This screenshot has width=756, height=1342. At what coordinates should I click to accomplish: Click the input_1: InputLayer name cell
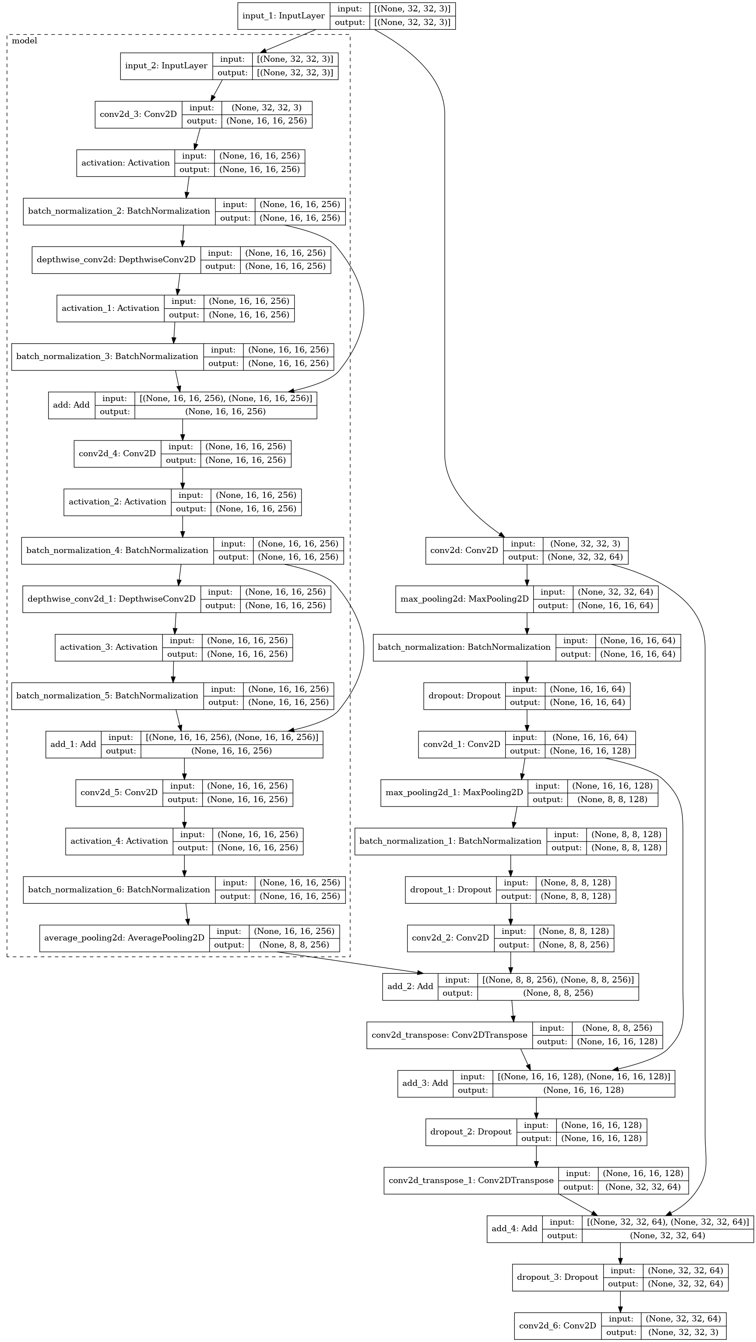pyautogui.click(x=283, y=16)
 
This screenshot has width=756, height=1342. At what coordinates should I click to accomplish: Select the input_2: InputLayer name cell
pyautogui.click(x=166, y=66)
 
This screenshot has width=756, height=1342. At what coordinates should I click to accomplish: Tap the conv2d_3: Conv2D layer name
pyautogui.click(x=138, y=114)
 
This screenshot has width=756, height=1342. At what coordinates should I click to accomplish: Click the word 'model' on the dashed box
pyautogui.click(x=24, y=41)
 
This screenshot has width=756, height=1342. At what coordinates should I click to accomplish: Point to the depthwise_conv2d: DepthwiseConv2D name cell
pyautogui.click(x=116, y=260)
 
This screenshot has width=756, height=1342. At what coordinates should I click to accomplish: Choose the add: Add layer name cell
pyautogui.click(x=71, y=405)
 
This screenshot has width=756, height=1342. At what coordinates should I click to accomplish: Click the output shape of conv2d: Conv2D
pyautogui.click(x=584, y=557)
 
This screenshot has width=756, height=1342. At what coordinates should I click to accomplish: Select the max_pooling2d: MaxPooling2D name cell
pyautogui.click(x=464, y=599)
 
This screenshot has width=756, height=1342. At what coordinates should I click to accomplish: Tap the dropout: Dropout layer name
pyautogui.click(x=464, y=695)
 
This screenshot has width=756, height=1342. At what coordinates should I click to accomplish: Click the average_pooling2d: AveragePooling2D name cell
pyautogui.click(x=124, y=938)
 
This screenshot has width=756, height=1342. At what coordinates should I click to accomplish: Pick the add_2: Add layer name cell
pyautogui.click(x=410, y=986)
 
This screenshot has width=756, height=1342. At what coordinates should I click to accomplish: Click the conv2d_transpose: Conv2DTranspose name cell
pyautogui.click(x=449, y=1035)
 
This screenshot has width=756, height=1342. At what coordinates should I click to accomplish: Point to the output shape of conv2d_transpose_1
pyautogui.click(x=643, y=1187)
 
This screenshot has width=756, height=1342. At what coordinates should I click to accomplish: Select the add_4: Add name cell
pyautogui.click(x=514, y=1229)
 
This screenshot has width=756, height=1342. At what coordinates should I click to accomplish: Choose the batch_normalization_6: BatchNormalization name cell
pyautogui.click(x=119, y=889)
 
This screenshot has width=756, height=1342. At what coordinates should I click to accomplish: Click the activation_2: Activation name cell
pyautogui.click(x=117, y=502)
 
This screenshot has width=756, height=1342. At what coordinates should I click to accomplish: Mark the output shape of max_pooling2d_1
pyautogui.click(x=612, y=799)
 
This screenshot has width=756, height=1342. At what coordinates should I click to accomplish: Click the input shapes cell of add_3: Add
pyautogui.click(x=584, y=1076)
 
